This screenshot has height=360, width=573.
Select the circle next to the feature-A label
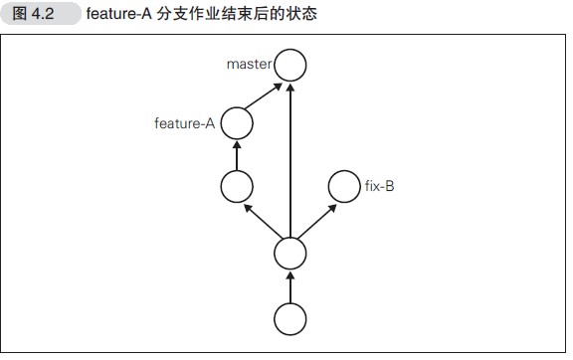pos(237,124)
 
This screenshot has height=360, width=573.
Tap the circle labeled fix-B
pos(343,185)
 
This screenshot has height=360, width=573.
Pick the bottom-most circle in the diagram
pos(290,318)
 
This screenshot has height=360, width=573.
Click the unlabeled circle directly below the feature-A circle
pos(237,185)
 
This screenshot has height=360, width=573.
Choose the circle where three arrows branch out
pos(290,253)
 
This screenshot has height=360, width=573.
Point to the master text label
pos(249,65)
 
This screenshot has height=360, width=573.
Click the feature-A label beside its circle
pos(185,124)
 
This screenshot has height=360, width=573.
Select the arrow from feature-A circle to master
pos(263,96)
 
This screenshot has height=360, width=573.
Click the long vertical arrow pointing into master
pos(290,159)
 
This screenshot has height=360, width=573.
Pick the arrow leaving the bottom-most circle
pos(290,285)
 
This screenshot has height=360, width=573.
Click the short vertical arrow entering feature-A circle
pos(237,154)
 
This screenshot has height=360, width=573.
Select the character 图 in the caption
pos(20,14)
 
